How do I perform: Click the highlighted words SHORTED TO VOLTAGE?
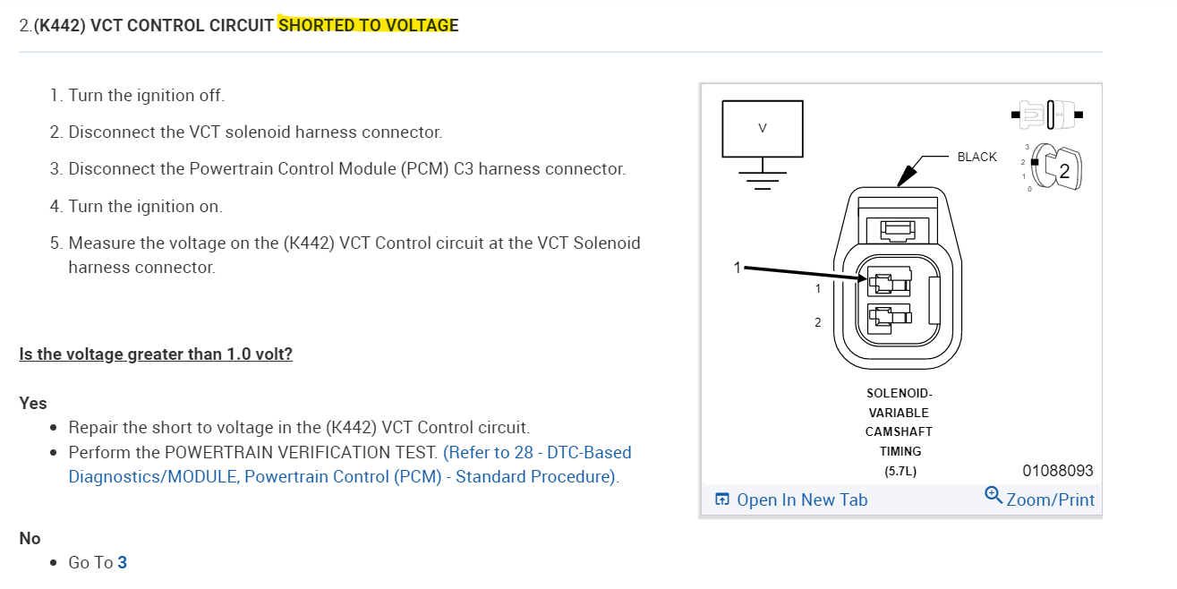[368, 25]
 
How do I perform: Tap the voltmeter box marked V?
[763, 127]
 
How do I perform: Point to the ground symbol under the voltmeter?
[763, 177]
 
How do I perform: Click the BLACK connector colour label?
[977, 157]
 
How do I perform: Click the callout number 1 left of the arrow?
[738, 267]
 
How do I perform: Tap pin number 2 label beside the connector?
[817, 322]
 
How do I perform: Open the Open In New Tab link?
[801, 499]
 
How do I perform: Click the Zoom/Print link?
[1049, 499]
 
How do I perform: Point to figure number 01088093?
[1057, 470]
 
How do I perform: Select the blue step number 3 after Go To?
[123, 562]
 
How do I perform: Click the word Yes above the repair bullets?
[33, 403]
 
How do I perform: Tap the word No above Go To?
[30, 538]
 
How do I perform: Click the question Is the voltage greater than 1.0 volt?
[156, 354]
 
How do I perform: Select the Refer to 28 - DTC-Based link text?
[537, 452]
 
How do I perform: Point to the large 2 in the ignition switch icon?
[1064, 173]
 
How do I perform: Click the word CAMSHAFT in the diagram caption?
[898, 431]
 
